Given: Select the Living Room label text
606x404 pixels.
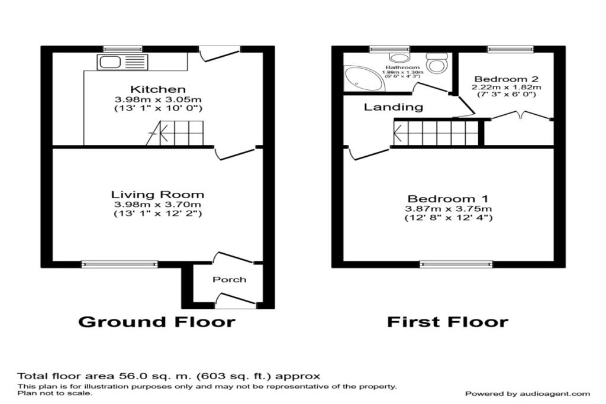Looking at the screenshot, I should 158,194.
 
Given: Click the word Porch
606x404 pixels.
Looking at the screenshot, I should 230,279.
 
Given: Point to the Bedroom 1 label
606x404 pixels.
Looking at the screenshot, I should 447,199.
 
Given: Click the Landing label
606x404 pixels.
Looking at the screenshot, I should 393,107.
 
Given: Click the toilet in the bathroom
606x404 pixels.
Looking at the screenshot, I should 437,63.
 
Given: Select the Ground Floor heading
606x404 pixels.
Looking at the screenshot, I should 157,322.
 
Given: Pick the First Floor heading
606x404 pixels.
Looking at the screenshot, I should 447,322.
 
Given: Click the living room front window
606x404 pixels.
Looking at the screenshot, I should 120,264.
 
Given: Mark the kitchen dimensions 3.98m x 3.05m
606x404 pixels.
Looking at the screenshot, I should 158,99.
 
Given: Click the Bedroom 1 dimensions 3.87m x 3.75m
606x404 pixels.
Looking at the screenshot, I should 448,209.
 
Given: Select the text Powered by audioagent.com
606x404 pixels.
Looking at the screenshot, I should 527,393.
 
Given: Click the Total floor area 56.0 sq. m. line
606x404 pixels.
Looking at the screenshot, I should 169,376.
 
